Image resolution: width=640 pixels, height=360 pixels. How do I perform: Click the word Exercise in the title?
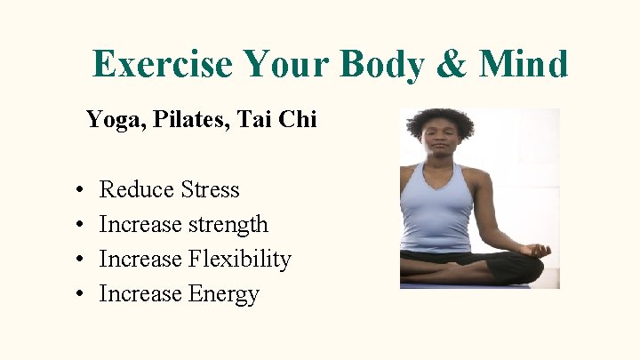(162, 64)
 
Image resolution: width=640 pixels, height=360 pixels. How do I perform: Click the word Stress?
(210, 189)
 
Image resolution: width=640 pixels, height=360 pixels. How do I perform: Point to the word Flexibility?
(239, 259)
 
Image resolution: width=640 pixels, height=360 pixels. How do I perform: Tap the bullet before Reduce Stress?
(80, 190)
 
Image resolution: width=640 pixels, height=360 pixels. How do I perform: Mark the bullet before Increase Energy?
(80, 294)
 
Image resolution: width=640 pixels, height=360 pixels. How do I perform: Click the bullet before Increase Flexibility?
(80, 260)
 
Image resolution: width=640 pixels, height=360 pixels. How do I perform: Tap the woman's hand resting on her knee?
(535, 252)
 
